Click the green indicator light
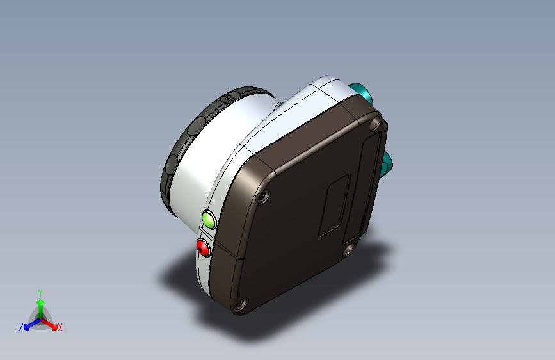(209, 220)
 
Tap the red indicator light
(203, 247)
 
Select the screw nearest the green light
(262, 197)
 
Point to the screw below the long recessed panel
(349, 249)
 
